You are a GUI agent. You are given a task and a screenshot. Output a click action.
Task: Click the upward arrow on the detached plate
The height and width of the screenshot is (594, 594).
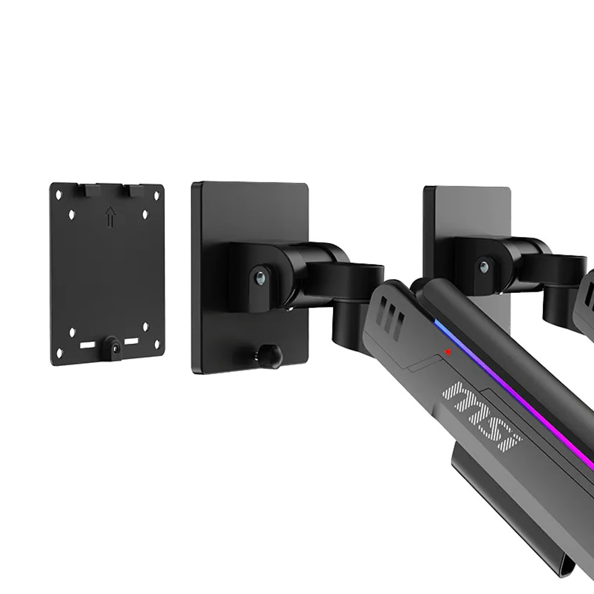(x=110, y=217)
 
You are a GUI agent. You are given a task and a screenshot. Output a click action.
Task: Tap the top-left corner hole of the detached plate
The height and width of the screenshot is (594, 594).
(x=59, y=195)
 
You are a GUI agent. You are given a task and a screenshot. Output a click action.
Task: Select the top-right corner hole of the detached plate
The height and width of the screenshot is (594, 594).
(x=156, y=196)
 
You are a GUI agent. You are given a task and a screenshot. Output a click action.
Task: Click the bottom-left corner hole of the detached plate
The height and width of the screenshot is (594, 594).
(x=59, y=353)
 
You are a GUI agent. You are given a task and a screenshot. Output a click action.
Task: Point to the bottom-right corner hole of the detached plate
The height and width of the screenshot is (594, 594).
(x=156, y=345)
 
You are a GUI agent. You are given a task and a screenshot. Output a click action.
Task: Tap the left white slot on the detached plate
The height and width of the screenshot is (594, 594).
(x=87, y=345)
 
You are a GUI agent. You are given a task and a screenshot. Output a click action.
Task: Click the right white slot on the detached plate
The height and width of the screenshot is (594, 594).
(x=131, y=342)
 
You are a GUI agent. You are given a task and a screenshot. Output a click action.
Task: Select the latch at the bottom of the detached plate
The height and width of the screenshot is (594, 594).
(x=113, y=347)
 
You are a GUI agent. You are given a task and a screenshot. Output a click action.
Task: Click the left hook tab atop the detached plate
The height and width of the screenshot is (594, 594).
(x=93, y=190)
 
